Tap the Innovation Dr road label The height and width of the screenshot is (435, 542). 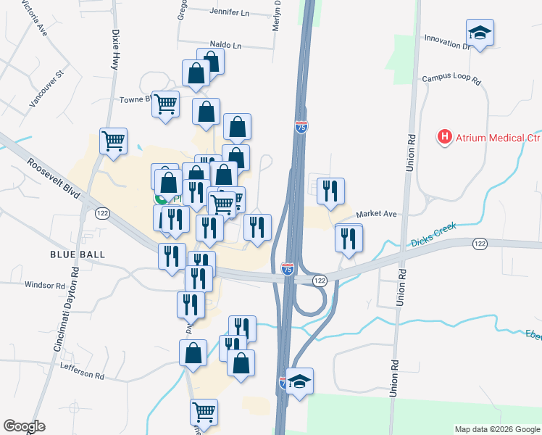click(x=448, y=40)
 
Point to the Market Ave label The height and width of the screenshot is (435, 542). click(x=377, y=214)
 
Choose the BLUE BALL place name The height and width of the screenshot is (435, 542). click(x=78, y=254)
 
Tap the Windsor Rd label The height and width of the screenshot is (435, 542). click(x=45, y=286)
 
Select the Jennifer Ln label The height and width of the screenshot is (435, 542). click(x=229, y=12)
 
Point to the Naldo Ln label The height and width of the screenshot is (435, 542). click(x=225, y=45)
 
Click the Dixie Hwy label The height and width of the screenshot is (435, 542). click(x=114, y=50)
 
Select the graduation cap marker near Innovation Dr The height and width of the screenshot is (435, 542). click(x=480, y=33)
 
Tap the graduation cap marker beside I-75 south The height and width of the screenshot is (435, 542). click(x=299, y=381)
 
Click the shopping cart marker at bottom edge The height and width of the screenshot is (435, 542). click(x=204, y=412)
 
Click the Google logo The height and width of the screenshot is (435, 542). click(x=24, y=427)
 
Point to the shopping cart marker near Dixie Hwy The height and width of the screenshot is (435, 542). click(x=114, y=141)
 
